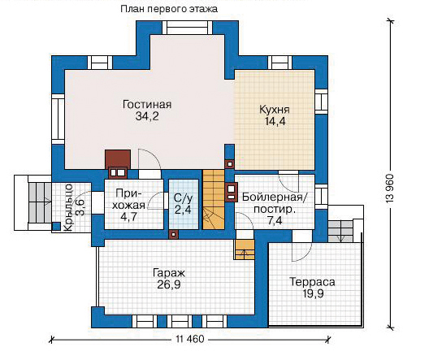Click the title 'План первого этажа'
click(x=169, y=9)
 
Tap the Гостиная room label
click(x=147, y=105)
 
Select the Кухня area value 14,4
click(x=275, y=121)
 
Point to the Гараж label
click(x=169, y=273)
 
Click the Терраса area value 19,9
click(x=313, y=293)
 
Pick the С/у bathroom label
click(x=183, y=199)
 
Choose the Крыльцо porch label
click(x=68, y=208)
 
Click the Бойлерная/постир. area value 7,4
click(x=275, y=220)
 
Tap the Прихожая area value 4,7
click(x=128, y=218)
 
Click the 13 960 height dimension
click(x=390, y=188)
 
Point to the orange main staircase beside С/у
click(x=213, y=199)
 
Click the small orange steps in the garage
click(x=244, y=249)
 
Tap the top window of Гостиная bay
click(x=188, y=28)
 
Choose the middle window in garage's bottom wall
click(x=180, y=321)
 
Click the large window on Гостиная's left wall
click(x=58, y=119)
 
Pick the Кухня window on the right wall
click(x=321, y=102)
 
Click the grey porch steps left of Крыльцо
click(x=41, y=202)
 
